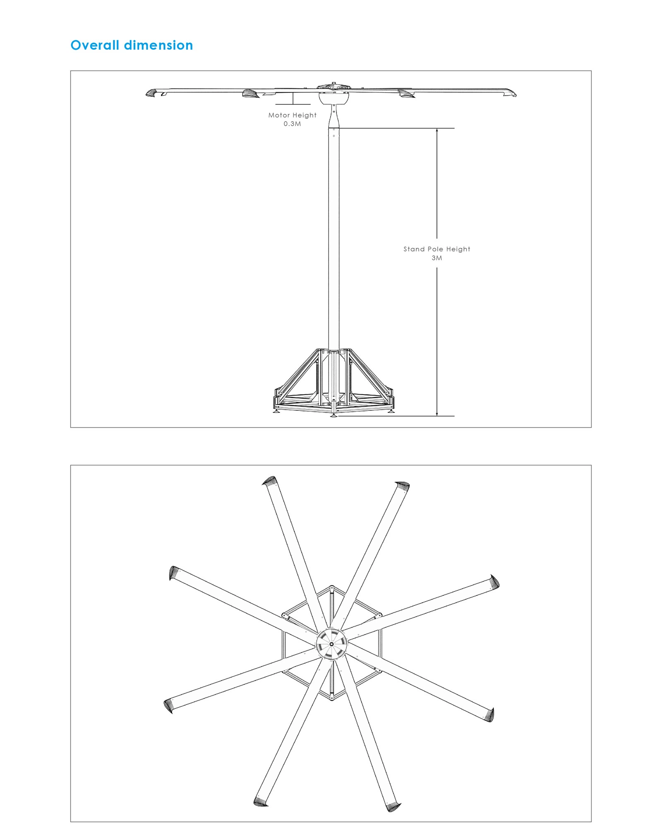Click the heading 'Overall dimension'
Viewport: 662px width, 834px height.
click(132, 45)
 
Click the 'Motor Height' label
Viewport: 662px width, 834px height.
click(292, 115)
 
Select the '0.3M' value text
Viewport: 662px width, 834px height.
click(292, 124)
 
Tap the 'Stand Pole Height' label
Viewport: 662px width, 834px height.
click(437, 249)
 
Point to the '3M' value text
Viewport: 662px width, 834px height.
click(437, 258)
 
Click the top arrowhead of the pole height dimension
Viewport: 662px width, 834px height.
click(437, 130)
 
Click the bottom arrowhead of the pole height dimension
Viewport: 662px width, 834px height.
click(437, 414)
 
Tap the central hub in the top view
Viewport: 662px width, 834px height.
click(332, 644)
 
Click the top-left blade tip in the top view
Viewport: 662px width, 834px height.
click(269, 481)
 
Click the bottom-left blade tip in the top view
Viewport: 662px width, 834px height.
click(261, 802)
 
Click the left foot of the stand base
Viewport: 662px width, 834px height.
click(276, 411)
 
